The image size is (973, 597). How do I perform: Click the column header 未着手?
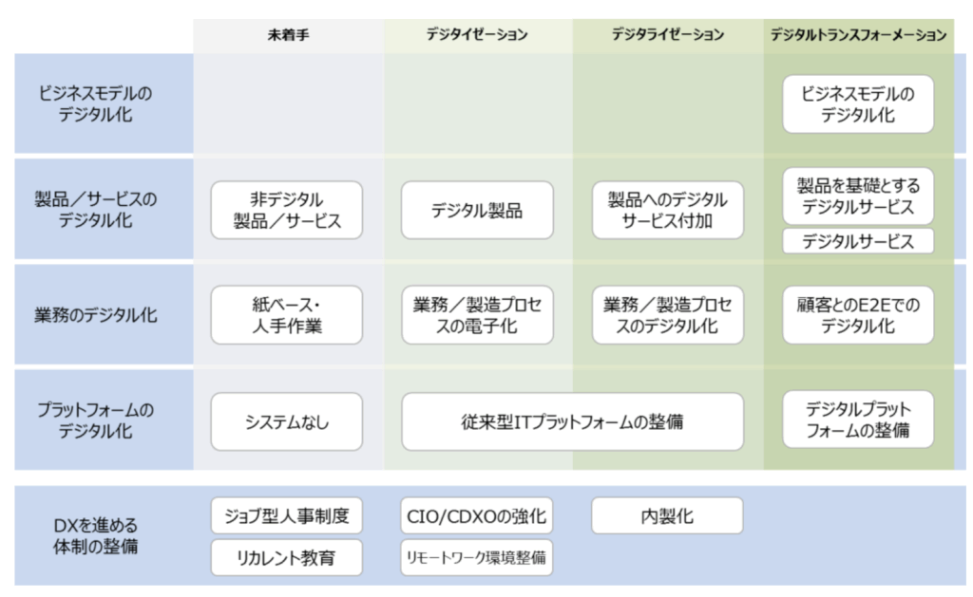(x=288, y=35)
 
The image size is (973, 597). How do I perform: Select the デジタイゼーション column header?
(x=477, y=35)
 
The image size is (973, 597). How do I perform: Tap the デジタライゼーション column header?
(x=668, y=35)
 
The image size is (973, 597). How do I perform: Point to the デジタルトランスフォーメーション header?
(x=858, y=35)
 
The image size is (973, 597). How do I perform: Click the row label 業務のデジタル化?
(x=96, y=315)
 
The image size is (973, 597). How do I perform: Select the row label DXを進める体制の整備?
(x=96, y=535)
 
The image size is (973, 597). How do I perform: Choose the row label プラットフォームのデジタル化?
(x=96, y=420)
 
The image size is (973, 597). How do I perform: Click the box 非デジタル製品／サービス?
(x=287, y=210)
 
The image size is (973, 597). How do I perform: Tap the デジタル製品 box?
(x=477, y=210)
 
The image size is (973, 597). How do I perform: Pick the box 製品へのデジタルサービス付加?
(x=668, y=210)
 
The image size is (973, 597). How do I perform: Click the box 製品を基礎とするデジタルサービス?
(x=858, y=196)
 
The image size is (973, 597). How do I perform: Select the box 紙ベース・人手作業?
(x=287, y=315)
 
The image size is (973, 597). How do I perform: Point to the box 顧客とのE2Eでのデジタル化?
(x=858, y=315)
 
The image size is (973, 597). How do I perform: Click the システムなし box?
(x=287, y=421)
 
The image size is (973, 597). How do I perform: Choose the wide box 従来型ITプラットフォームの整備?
(x=573, y=421)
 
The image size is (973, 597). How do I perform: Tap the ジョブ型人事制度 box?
(x=287, y=515)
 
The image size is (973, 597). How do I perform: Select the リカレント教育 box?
(x=287, y=557)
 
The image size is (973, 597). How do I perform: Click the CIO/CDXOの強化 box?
(x=477, y=515)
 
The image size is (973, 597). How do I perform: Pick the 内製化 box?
(x=667, y=515)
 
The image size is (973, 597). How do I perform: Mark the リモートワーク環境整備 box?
(x=477, y=557)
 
